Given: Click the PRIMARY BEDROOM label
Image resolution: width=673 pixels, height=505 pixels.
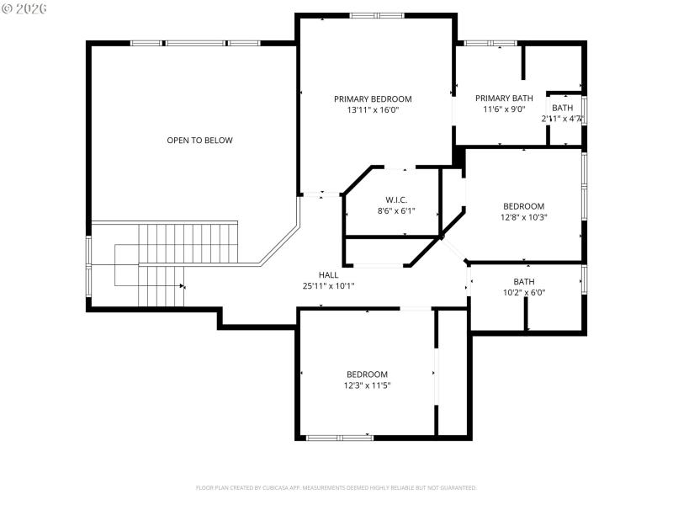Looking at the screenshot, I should (373, 98).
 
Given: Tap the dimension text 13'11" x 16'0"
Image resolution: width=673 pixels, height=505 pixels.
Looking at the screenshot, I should (373, 109).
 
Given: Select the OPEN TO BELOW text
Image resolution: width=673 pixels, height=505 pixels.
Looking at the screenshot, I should (199, 141).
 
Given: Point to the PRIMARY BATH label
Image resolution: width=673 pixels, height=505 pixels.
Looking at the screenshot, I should (504, 98).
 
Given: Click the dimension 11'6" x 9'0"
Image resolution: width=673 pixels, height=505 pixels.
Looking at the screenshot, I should (504, 109).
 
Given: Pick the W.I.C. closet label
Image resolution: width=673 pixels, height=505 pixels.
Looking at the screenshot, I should (397, 199).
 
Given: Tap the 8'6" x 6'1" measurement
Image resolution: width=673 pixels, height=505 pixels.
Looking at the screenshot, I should (397, 211).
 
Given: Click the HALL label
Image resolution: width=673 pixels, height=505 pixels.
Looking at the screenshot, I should (328, 275).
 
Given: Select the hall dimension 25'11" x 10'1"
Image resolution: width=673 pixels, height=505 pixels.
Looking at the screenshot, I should (328, 286).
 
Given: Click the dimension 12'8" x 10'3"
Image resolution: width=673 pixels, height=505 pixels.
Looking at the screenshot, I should (524, 217).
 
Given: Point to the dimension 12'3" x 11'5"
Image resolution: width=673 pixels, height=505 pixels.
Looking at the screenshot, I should (367, 385).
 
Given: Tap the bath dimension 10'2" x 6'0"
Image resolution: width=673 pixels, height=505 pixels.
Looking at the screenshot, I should (524, 293).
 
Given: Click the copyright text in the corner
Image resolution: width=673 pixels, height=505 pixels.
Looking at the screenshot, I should (24, 8).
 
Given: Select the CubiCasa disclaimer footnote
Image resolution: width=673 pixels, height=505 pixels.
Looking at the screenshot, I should (336, 487).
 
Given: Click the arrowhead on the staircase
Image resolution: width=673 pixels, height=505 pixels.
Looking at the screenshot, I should (183, 286).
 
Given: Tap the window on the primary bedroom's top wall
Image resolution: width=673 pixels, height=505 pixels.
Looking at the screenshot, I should (376, 15).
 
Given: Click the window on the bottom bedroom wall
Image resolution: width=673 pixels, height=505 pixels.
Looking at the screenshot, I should (338, 437).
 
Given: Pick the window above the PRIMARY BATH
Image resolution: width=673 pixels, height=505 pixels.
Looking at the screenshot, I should (490, 42).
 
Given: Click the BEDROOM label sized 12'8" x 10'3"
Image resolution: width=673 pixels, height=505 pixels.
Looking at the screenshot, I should (524, 206).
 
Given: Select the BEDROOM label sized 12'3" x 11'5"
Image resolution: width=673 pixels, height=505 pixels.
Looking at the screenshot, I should (367, 375).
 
